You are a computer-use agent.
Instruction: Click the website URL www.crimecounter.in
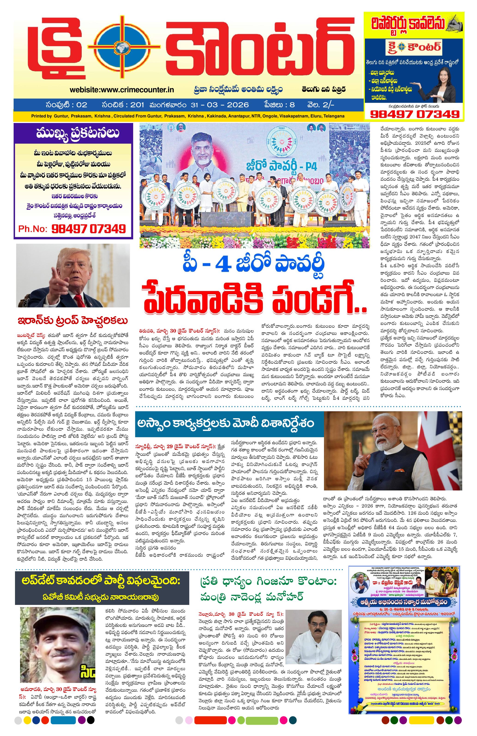coord(122,90)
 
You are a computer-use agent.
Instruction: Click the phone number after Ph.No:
coord(88,229)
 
